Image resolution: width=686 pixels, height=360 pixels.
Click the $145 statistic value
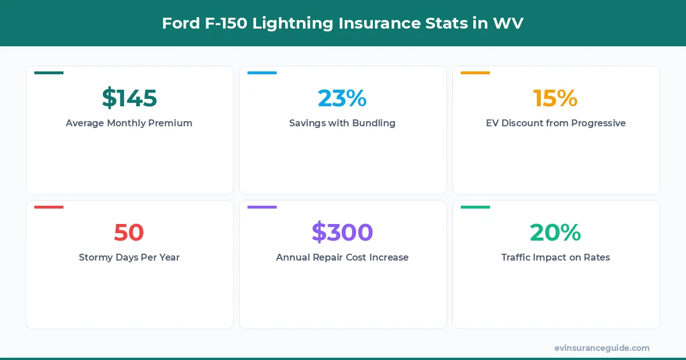tap(129, 98)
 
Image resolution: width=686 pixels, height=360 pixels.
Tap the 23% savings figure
tap(342, 98)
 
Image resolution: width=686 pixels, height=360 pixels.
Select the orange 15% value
tap(555, 98)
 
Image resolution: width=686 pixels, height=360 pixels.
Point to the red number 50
tap(129, 232)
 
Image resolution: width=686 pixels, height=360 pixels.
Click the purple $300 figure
tap(342, 232)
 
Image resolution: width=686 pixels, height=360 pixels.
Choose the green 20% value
tap(555, 232)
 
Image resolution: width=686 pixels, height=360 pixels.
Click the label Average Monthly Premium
tap(129, 123)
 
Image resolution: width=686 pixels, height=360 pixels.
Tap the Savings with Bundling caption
tap(342, 123)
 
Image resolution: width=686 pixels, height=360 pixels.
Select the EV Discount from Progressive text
tap(555, 123)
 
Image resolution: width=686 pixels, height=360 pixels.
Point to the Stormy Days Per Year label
tap(129, 257)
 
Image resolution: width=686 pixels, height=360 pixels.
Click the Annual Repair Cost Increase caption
tap(342, 257)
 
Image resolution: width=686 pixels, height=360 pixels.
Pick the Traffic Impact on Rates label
tap(555, 257)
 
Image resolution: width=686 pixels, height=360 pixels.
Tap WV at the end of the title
tap(508, 23)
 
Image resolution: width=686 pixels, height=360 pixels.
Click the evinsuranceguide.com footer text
tap(602, 347)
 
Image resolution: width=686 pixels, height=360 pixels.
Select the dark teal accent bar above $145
tap(49, 73)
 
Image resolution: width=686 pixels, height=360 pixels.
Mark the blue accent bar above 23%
tap(262, 73)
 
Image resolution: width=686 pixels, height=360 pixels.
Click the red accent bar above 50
tap(49, 207)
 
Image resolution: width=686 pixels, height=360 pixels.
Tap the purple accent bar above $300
tap(262, 207)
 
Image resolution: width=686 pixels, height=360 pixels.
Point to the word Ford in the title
tap(178, 23)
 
